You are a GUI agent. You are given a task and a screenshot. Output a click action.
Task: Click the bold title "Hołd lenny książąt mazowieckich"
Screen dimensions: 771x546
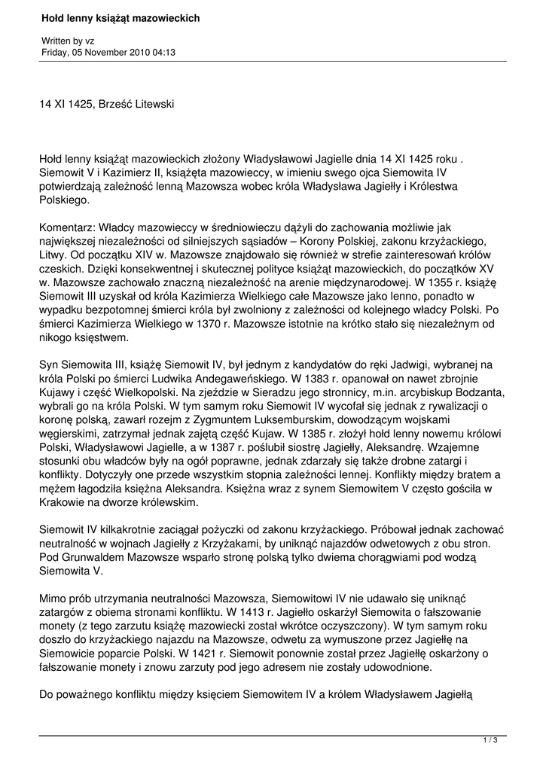click(x=120, y=18)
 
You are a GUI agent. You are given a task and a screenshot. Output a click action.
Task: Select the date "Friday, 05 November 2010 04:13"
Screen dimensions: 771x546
click(x=108, y=53)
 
